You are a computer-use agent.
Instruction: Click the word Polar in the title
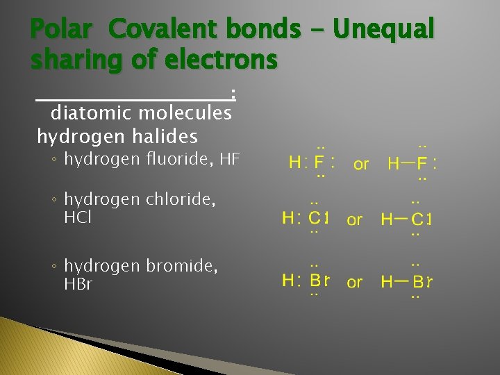click(x=60, y=29)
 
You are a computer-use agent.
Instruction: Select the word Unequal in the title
click(x=383, y=29)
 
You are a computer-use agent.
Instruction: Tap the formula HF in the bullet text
click(x=229, y=160)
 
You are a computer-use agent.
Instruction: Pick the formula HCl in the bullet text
click(x=78, y=217)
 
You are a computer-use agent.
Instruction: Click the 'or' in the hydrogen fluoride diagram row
click(x=361, y=165)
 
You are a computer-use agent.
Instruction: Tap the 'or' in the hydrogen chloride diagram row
click(x=355, y=220)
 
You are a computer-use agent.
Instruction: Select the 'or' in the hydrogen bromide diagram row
click(x=355, y=283)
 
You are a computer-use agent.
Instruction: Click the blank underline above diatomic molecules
click(x=132, y=99)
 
